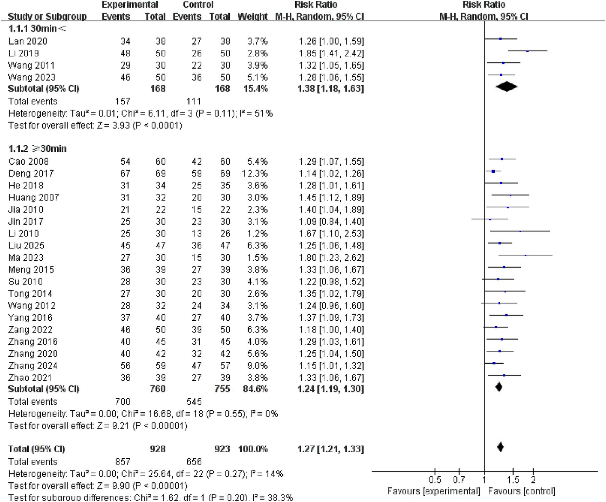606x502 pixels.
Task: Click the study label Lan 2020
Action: pyautogui.click(x=28, y=41)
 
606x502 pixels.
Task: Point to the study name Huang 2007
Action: pyautogui.click(x=34, y=197)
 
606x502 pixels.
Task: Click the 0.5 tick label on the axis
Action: pyautogui.click(x=435, y=480)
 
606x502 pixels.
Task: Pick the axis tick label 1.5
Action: pyautogui.click(x=513, y=480)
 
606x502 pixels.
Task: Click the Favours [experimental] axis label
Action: pyautogui.click(x=433, y=491)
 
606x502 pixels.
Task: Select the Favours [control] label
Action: pyautogui.click(x=521, y=491)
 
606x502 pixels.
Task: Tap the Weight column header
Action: pyautogui.click(x=252, y=17)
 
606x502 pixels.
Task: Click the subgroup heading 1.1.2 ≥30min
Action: pyautogui.click(x=38, y=149)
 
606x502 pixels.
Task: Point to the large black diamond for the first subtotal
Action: pyautogui.click(x=507, y=87)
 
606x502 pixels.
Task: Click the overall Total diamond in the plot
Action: pyautogui.click(x=500, y=447)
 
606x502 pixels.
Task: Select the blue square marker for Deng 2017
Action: pyautogui.click(x=493, y=171)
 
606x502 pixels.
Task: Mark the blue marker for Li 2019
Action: pyautogui.click(x=527, y=51)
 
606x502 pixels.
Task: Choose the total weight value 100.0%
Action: pyautogui.click(x=253, y=449)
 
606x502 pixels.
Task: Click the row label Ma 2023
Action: pyautogui.click(x=26, y=258)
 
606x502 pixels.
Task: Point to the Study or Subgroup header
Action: pyautogui.click(x=47, y=17)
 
